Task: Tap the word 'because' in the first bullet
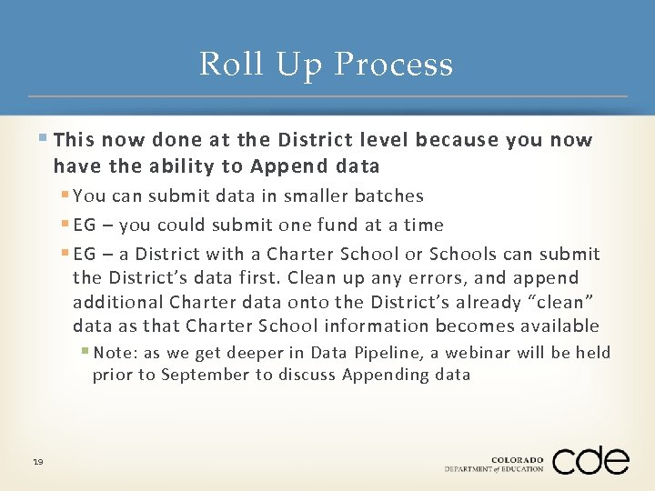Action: (x=456, y=140)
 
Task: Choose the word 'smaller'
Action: (x=315, y=195)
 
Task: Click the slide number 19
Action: (x=37, y=463)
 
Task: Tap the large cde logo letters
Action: (x=590, y=460)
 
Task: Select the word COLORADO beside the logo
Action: (x=517, y=460)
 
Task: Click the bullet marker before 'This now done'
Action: (x=45, y=139)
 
